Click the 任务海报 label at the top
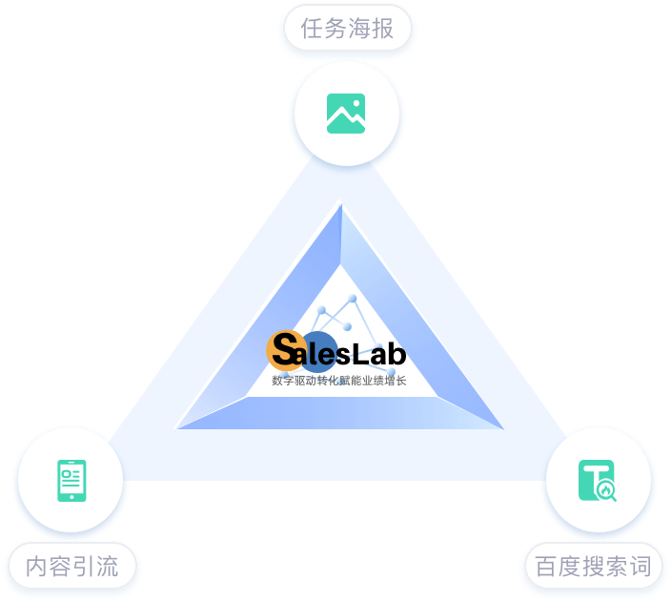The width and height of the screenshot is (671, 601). (347, 30)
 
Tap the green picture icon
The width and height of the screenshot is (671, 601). (346, 114)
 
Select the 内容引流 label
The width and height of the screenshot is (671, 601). (72, 567)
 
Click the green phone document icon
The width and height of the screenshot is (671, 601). (71, 480)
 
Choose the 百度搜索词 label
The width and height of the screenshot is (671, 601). (593, 567)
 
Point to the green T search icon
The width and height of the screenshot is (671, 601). (598, 480)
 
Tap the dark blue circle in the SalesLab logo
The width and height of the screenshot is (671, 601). (320, 350)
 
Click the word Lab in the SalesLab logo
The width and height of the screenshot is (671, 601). (379, 355)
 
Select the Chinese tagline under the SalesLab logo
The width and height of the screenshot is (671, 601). (338, 381)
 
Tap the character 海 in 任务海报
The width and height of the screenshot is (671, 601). (358, 30)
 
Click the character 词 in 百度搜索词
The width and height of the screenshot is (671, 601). (640, 567)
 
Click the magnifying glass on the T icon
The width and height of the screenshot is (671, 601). (607, 491)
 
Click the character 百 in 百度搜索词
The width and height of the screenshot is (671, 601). (546, 567)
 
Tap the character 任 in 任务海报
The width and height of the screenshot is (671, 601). (312, 30)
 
